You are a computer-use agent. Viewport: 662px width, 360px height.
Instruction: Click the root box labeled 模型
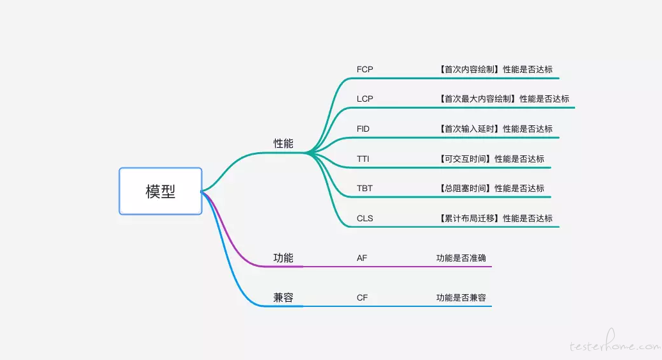tap(161, 191)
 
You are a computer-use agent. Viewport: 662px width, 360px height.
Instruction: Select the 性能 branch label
tap(283, 143)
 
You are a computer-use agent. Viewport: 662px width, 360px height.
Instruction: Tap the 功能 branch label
tap(283, 258)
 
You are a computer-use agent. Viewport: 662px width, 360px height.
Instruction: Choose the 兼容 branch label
tap(283, 297)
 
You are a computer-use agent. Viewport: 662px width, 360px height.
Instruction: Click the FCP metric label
tap(365, 69)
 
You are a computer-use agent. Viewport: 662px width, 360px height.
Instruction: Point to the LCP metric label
tap(365, 98)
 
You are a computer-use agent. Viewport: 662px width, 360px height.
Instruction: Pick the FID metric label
tap(363, 129)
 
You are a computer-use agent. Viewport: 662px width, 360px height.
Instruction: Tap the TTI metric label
tap(363, 159)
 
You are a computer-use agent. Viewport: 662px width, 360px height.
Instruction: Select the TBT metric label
tap(365, 188)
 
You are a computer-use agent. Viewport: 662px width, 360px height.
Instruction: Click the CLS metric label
tap(365, 218)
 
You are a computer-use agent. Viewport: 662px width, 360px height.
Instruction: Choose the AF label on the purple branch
tap(362, 258)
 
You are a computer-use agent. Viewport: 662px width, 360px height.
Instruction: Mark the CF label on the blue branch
tap(362, 297)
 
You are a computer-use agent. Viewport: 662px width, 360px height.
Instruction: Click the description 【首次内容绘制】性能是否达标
tap(495, 69)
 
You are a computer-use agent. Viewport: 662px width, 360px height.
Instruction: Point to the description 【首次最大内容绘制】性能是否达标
tap(503, 98)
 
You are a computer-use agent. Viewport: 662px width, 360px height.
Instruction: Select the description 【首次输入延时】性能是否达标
tap(495, 129)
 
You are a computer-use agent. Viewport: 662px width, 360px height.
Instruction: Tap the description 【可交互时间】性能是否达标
tap(491, 159)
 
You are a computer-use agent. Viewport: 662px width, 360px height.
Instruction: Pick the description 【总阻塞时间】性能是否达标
tap(491, 188)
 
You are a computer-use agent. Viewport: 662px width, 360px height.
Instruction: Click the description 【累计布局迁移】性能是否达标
tap(495, 218)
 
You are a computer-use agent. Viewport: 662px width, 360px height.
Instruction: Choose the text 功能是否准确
tap(461, 258)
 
